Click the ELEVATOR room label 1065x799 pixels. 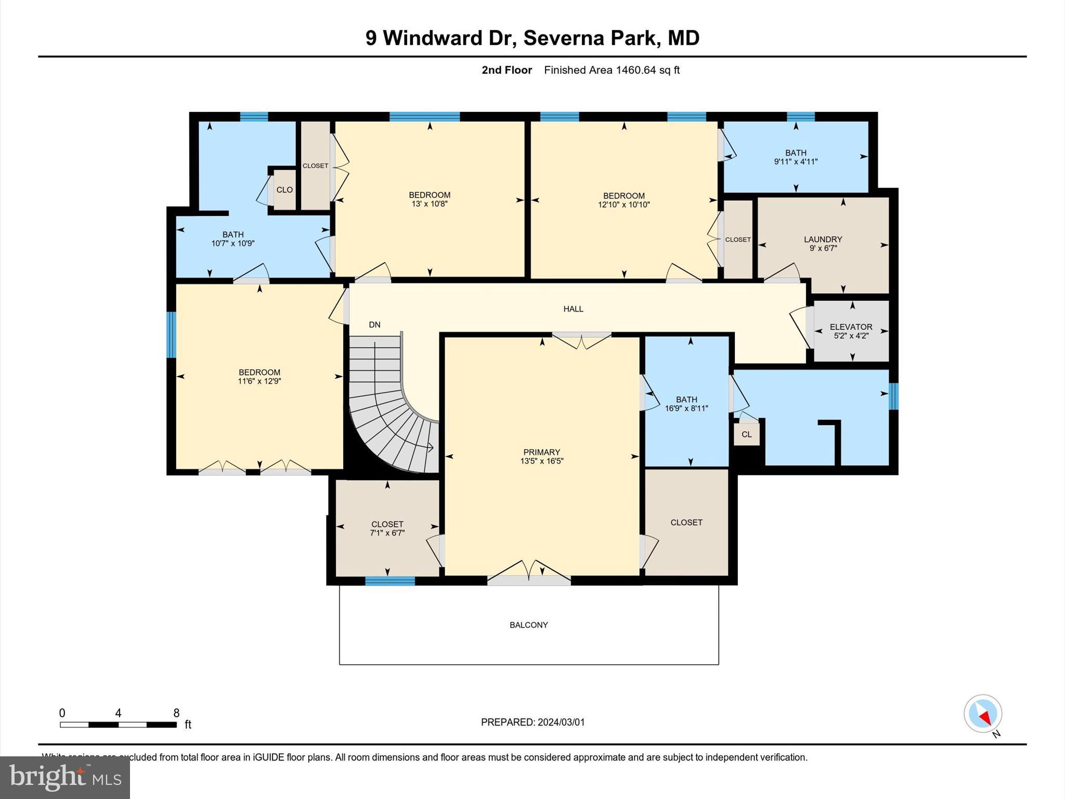coord(851,327)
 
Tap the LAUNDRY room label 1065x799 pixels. coord(823,239)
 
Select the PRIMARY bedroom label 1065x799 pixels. coord(541,452)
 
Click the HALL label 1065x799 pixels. coord(573,309)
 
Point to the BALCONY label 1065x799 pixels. coord(528,625)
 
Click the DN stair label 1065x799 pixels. coord(374,325)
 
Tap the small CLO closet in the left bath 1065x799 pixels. coord(284,190)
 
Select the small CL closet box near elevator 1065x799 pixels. coord(746,434)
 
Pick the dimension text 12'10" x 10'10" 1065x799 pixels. coord(624,205)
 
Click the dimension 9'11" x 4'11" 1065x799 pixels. coord(796,162)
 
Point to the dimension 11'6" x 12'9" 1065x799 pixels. coord(259,381)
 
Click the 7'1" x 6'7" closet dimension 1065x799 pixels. coord(387,533)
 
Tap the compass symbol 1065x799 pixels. coord(982,714)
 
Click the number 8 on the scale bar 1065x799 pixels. coord(176,713)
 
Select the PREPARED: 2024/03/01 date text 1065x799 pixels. coord(532,722)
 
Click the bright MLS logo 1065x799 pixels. coord(65,777)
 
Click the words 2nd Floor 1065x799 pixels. coord(506,70)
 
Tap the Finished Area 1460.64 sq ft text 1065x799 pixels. coord(612,70)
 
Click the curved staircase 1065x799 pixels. coord(390,411)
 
